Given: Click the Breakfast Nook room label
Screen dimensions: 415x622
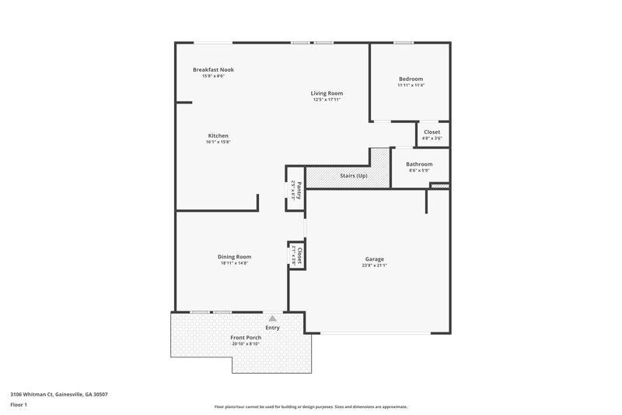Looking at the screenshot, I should click(213, 69).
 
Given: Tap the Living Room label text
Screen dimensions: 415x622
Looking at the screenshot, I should click(327, 93).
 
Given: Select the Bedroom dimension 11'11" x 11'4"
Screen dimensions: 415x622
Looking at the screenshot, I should click(411, 85).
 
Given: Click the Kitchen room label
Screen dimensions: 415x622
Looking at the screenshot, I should click(218, 135).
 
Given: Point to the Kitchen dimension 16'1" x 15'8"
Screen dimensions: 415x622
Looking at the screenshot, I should click(218, 142).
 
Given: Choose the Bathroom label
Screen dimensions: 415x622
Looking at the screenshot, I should click(419, 164).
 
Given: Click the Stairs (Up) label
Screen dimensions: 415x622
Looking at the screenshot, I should click(354, 176).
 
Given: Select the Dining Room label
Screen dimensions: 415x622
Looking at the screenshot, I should click(235, 256).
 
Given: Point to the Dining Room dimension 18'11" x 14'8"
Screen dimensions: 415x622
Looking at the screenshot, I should click(235, 263).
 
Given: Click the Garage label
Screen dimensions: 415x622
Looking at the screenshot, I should click(375, 258).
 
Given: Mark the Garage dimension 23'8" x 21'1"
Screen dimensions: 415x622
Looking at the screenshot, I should click(375, 266).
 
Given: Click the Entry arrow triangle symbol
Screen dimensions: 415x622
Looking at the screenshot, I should click(272, 318).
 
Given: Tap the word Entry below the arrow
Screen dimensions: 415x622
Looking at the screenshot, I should click(272, 328).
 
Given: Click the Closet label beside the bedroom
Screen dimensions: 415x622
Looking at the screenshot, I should click(432, 132).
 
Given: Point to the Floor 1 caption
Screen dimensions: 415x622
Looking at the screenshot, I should click(19, 406).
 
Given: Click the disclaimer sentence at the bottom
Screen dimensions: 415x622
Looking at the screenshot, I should click(311, 406).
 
